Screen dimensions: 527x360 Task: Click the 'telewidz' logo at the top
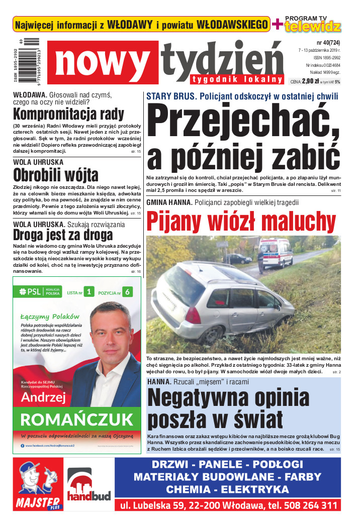coord(313,27)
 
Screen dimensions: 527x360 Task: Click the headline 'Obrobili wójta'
coord(55,175)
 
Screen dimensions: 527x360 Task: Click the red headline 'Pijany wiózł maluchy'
coord(241,221)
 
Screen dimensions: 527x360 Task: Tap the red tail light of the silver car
coord(193,315)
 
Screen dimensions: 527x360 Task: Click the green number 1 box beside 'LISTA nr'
coord(88,291)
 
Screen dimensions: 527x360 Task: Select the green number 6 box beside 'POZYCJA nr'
coord(128,291)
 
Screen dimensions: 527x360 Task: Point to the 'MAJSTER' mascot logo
coord(38,484)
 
